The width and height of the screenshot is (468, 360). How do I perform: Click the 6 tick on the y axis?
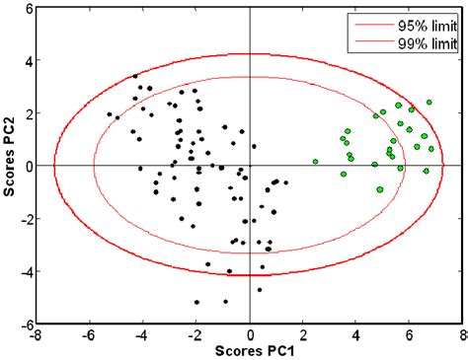click(29, 8)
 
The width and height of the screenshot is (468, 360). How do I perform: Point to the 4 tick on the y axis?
click(29, 60)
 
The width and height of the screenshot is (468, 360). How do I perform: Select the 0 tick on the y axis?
click(29, 166)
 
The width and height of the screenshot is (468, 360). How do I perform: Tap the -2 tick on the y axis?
click(27, 218)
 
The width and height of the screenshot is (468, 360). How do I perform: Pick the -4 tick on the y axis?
click(27, 271)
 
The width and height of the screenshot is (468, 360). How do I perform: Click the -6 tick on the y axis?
click(27, 324)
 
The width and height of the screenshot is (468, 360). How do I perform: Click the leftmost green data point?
click(315, 161)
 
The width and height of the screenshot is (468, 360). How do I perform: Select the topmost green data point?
click(429, 102)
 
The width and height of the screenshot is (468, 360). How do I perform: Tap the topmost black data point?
click(135, 76)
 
